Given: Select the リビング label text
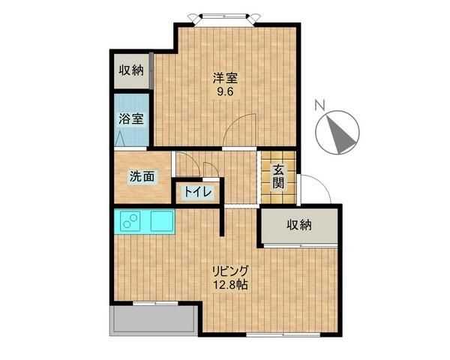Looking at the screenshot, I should tap(229, 271).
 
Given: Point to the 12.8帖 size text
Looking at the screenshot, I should tap(229, 286).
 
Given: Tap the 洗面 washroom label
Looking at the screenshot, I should tap(142, 177).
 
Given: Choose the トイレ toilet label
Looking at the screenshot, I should tap(196, 192).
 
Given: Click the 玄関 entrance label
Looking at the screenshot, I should tap(278, 177).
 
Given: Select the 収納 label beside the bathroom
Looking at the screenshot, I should tap(130, 72).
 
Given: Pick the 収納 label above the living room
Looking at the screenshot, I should tap(298, 225).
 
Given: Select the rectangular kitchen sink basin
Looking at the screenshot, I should tap(161, 222).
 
